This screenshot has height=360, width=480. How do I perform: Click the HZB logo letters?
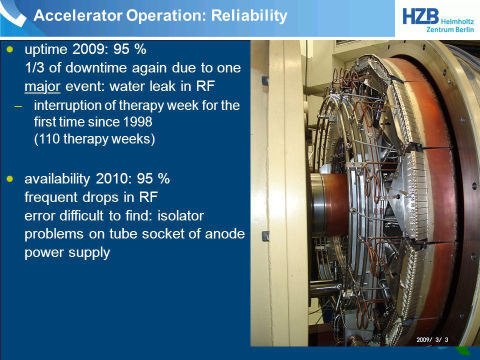pyautogui.click(x=420, y=16)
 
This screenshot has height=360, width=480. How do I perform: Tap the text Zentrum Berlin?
pyautogui.click(x=450, y=29)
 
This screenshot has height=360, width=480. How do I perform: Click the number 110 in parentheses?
pyautogui.click(x=49, y=139)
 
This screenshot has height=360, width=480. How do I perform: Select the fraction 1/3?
pyautogui.click(x=34, y=67)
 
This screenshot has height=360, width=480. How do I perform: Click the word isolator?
pyautogui.click(x=180, y=215)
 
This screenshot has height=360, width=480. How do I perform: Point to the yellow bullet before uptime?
pyautogui.click(x=10, y=49)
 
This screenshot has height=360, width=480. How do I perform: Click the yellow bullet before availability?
pyautogui.click(x=10, y=178)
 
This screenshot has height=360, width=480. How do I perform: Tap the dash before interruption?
pyautogui.click(x=18, y=106)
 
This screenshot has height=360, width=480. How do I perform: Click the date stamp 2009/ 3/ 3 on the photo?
pyautogui.click(x=432, y=339)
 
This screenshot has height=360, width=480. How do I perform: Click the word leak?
pyautogui.click(x=163, y=86)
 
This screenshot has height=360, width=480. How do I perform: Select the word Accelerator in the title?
pyautogui.click(x=78, y=15)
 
